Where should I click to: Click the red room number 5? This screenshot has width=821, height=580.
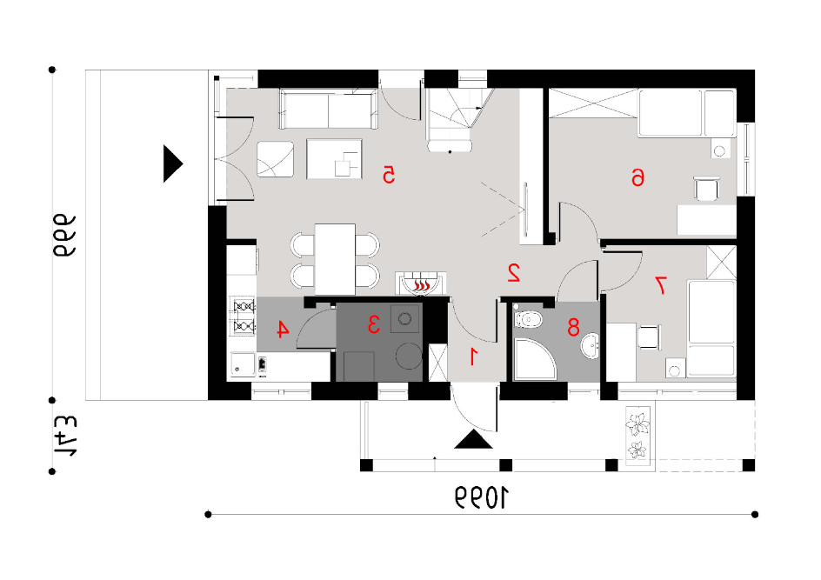click(x=389, y=175)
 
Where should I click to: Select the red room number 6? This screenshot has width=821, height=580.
click(x=637, y=177)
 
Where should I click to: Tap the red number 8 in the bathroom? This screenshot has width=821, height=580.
click(x=574, y=327)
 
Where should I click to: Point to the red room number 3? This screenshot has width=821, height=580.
click(x=373, y=324)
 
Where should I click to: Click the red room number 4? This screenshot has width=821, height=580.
click(x=282, y=330)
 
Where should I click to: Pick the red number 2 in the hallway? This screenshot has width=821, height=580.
click(x=514, y=273)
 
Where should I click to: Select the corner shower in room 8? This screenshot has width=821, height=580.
click(x=535, y=359)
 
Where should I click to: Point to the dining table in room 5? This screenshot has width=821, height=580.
click(x=335, y=259)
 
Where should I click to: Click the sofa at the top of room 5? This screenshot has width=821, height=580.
click(x=328, y=109)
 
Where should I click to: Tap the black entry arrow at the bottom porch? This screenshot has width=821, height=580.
click(x=473, y=440)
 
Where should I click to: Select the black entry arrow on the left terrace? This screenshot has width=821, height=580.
click(x=173, y=163)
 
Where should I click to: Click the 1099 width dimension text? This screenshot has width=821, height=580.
click(x=482, y=497)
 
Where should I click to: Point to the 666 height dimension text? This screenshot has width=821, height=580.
click(x=63, y=236)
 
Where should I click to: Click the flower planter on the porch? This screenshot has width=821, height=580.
click(x=638, y=436)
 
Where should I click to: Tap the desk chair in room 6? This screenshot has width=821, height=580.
click(x=706, y=189)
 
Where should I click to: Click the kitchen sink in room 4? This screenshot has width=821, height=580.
click(x=243, y=363)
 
